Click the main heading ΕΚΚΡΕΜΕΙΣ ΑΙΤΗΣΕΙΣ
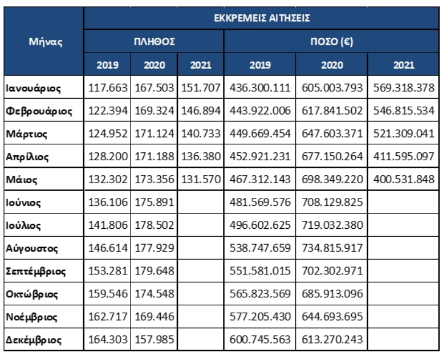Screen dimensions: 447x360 tap(262, 18)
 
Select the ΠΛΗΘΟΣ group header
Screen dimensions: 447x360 tap(154, 42)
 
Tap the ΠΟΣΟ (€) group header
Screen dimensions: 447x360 tap(332, 42)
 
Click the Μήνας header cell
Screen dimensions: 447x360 tap(46, 42)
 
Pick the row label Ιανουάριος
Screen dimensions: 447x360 tap(33, 88)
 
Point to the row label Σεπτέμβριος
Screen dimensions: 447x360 tap(35, 272)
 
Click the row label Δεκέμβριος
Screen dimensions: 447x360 tap(34, 340)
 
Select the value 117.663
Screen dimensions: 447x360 tap(108, 88)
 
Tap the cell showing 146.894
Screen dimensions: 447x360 tap(201, 111)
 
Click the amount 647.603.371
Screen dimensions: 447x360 tap(332, 134)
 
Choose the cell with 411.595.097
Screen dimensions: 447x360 tap(404, 156)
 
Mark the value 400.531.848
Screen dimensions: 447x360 tap(404, 179)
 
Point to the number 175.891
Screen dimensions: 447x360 tap(154, 202)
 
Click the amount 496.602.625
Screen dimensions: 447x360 tap(260, 225)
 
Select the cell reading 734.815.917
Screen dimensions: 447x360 tap(332, 248)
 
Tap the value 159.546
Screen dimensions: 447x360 tap(108, 294)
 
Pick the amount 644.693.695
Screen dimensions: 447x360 tap(332, 317)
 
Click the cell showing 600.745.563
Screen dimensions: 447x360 tap(260, 339)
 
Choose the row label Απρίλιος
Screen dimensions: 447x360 tap(27, 157)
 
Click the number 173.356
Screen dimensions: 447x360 tap(154, 179)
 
